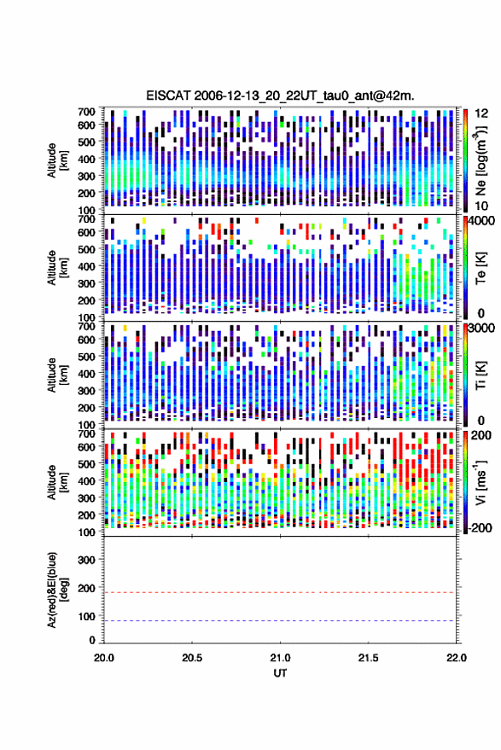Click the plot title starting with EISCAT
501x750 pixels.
280,96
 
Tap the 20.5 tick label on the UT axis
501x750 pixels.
192,658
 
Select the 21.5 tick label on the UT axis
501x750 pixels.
368,658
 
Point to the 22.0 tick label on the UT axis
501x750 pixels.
456,658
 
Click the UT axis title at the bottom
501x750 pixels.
280,673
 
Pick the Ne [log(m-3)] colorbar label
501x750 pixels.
481,160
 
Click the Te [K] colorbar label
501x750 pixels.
481,268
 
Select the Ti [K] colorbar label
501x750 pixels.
481,375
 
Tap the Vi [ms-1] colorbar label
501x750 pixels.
481,482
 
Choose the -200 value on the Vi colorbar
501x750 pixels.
480,528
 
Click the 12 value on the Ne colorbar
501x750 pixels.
482,113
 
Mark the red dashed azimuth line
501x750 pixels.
280,593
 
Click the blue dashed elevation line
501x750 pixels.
280,621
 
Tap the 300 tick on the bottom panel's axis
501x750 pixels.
86,560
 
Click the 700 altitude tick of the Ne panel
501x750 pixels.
86,112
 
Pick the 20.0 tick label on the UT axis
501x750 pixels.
104,658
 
